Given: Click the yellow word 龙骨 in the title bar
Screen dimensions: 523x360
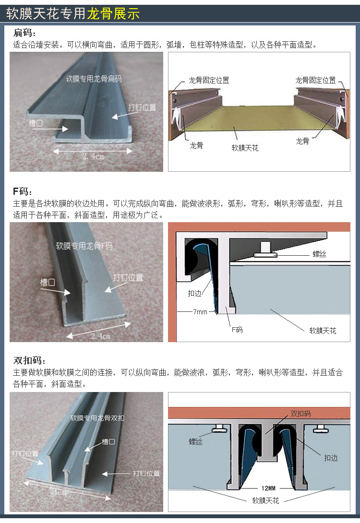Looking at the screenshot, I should click(x=100, y=14).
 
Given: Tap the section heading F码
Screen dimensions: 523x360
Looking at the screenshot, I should click(x=23, y=191).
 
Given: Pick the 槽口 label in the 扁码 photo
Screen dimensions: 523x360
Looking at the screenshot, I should click(x=36, y=123).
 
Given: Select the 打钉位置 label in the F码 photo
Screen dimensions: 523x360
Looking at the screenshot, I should click(x=128, y=277).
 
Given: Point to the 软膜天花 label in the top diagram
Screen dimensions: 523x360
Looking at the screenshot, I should click(x=245, y=148).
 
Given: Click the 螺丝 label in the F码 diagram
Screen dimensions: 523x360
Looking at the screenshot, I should click(x=319, y=254).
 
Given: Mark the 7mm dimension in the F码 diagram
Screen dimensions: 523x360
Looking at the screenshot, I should click(x=200, y=312).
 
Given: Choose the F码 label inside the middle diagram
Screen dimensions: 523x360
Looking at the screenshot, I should click(x=237, y=330).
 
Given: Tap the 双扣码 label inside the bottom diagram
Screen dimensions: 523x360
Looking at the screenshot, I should click(x=300, y=414).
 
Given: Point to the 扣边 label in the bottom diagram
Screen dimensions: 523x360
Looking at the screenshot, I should click(x=331, y=458).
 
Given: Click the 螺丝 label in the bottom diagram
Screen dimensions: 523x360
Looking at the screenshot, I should click(x=196, y=441).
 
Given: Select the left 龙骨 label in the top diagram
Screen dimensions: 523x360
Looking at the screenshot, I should click(x=196, y=145).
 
